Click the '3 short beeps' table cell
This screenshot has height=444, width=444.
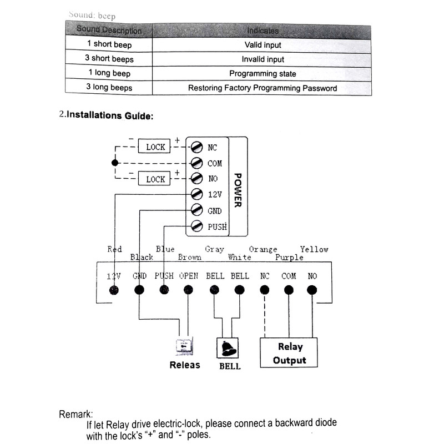110,59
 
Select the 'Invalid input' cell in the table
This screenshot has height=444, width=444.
263,59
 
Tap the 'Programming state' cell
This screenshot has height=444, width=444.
263,73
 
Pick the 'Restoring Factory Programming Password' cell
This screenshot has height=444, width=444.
263,88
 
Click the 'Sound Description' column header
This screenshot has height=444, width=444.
109,30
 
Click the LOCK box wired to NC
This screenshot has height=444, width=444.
155,147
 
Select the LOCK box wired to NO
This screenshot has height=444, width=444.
155,179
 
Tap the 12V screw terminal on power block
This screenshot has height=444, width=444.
195,195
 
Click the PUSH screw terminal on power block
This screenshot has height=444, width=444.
195,226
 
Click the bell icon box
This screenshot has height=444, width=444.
228,349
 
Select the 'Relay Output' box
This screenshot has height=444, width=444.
290,353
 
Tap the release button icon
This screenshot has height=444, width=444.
184,347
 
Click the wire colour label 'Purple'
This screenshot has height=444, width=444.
289,258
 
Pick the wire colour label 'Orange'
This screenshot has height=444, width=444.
263,250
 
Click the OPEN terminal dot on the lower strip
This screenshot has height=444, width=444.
188,290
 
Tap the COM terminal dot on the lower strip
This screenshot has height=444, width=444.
289,290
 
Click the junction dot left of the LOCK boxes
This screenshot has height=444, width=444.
115,163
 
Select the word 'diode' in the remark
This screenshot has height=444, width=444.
322,423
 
